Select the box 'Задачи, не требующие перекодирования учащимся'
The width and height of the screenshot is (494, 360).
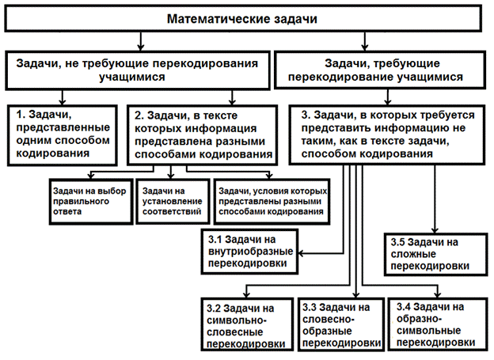point(136,70)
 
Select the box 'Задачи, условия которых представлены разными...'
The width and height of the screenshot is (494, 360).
point(273,200)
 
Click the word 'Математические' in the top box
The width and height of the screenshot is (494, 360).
point(210,17)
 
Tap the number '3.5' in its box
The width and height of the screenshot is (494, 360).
point(401,241)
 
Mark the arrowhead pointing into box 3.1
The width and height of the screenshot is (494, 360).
point(301,253)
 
